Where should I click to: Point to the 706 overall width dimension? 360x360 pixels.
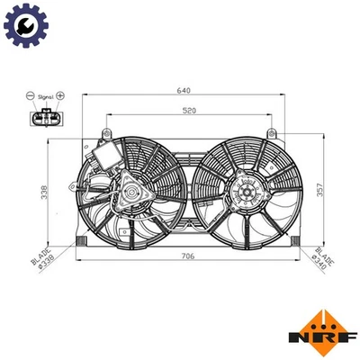[x=186, y=256]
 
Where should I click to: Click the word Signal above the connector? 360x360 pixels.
[x=46, y=94]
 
